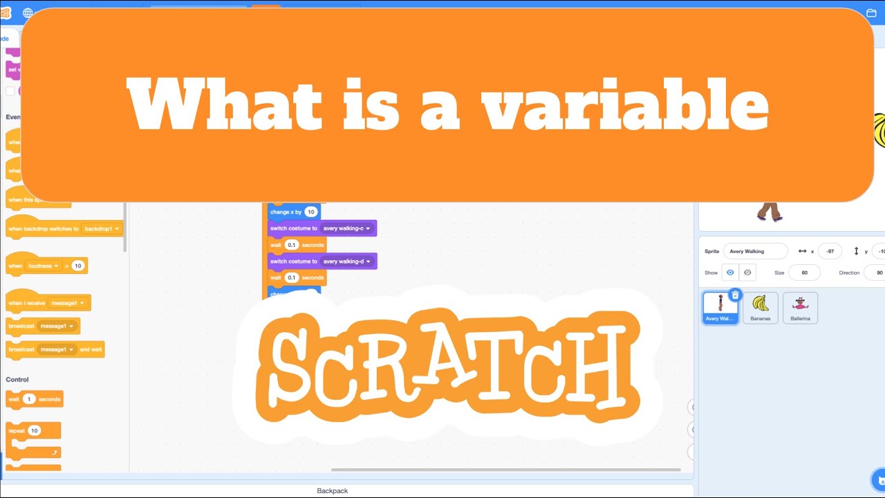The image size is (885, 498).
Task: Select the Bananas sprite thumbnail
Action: coord(761,307)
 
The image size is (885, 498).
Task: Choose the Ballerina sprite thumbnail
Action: coord(800,307)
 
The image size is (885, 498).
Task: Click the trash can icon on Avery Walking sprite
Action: coord(735,295)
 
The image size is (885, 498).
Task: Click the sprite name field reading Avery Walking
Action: coord(755,252)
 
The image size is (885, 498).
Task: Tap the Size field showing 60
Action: coord(804,273)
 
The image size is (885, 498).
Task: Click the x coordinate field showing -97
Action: coord(829,252)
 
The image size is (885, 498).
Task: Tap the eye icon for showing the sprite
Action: coord(730,273)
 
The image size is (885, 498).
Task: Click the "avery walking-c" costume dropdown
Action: coord(346,228)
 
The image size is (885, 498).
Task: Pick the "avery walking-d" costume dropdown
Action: coord(346,261)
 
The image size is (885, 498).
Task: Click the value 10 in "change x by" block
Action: coord(311,212)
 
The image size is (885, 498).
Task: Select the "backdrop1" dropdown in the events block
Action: coord(101,228)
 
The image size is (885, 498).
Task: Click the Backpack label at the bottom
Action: coord(333,490)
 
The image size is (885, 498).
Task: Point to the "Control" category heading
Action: coord(17,380)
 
